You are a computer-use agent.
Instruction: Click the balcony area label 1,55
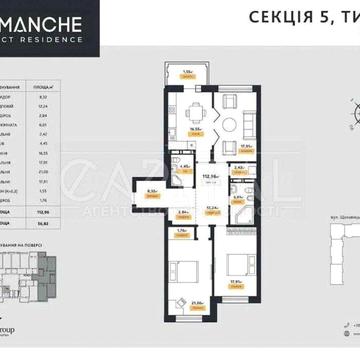pyautogui.click(x=187, y=72)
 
